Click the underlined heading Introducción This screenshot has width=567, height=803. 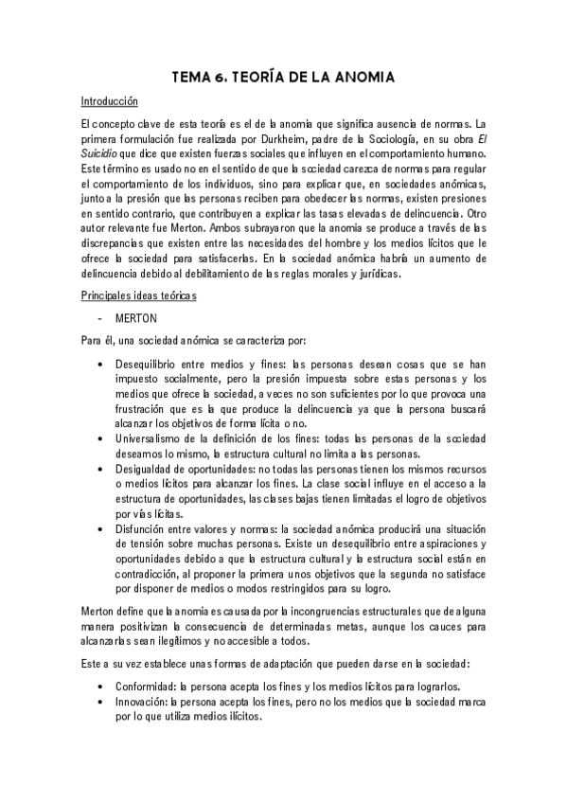click(110, 101)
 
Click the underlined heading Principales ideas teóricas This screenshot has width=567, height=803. click(139, 296)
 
